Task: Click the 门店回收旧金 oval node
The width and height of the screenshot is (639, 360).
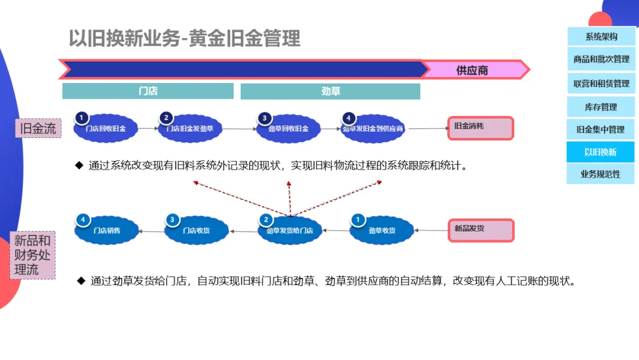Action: pyautogui.click(x=106, y=128)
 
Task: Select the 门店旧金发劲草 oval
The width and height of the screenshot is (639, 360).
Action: pyautogui.click(x=190, y=128)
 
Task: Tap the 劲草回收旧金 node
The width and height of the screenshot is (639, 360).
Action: pyautogui.click(x=289, y=128)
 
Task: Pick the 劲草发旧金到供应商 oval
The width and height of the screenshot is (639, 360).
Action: pyautogui.click(x=373, y=128)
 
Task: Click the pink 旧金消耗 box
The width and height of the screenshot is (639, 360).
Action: pyautogui.click(x=480, y=128)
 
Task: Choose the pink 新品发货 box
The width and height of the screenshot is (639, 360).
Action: pyautogui.click(x=480, y=230)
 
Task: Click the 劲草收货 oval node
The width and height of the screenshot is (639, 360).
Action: pyautogui.click(x=382, y=230)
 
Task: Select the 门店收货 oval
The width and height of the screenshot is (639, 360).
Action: pyautogui.click(x=196, y=230)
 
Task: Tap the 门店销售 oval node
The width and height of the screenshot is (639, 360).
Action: pyautogui.click(x=106, y=230)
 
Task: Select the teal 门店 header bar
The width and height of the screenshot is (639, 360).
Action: pyautogui.click(x=148, y=91)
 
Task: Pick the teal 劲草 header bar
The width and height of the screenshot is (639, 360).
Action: pyautogui.click(x=330, y=91)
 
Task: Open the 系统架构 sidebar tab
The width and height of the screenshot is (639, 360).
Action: pyautogui.click(x=601, y=37)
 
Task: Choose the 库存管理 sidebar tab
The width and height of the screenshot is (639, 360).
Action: pyautogui.click(x=601, y=107)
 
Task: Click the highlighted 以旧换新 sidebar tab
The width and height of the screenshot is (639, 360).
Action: pyautogui.click(x=601, y=152)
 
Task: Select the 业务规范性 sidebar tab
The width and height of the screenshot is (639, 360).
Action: pyautogui.click(x=601, y=174)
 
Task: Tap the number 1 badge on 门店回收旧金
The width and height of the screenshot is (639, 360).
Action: pyautogui.click(x=82, y=117)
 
